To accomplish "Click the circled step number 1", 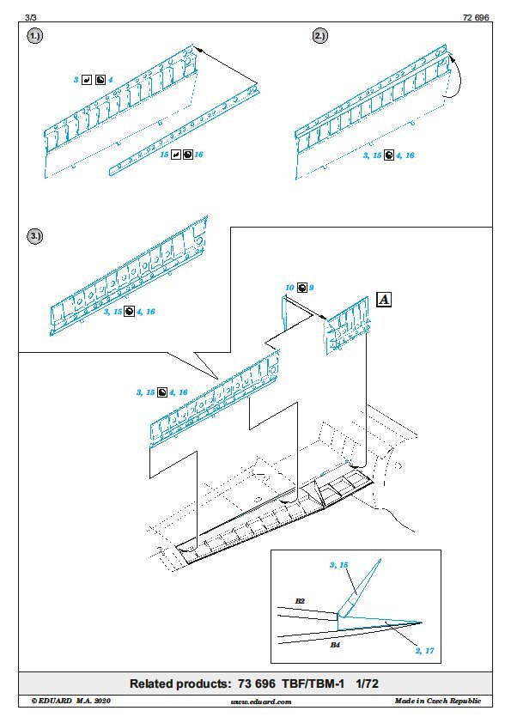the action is pyautogui.click(x=35, y=36).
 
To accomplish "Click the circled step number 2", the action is pyautogui.click(x=320, y=36).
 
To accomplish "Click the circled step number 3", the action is pyautogui.click(x=35, y=236).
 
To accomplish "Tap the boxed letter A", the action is pyautogui.click(x=384, y=300).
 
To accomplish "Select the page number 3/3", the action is pyautogui.click(x=31, y=17).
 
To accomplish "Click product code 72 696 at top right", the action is pyautogui.click(x=476, y=17).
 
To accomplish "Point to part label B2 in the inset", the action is pyautogui.click(x=300, y=601).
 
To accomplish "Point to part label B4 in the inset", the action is pyautogui.click(x=335, y=645).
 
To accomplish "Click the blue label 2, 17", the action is pyautogui.click(x=425, y=651).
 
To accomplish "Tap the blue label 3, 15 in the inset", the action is pyautogui.click(x=339, y=565).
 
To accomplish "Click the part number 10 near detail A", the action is pyautogui.click(x=289, y=288).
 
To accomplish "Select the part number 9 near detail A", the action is pyautogui.click(x=311, y=288).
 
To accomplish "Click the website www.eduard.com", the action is pyautogui.click(x=261, y=702).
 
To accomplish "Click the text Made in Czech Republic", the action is pyautogui.click(x=438, y=701).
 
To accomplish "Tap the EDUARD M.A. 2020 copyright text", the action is pyautogui.click(x=71, y=701).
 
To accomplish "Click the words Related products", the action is pyautogui.click(x=179, y=684).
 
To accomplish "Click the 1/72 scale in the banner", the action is pyautogui.click(x=367, y=684).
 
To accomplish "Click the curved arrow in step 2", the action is pyautogui.click(x=459, y=78).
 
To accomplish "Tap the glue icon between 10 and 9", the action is pyautogui.click(x=301, y=288).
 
